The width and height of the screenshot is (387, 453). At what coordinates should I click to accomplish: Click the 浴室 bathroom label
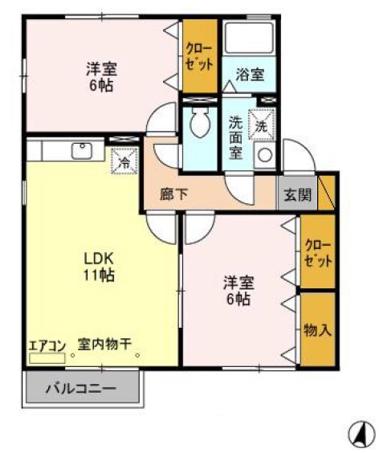(250, 75)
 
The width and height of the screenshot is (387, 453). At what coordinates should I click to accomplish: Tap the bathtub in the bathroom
(250, 39)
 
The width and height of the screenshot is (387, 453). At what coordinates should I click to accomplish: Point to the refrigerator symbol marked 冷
(124, 161)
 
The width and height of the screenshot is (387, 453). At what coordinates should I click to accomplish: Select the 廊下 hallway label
(173, 194)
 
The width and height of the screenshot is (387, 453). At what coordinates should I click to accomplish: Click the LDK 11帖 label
(100, 267)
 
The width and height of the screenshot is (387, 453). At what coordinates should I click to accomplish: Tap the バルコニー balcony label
(80, 389)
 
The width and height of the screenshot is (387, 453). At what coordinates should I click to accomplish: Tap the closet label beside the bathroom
(200, 55)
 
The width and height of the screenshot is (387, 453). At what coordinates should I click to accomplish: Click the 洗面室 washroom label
(236, 137)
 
